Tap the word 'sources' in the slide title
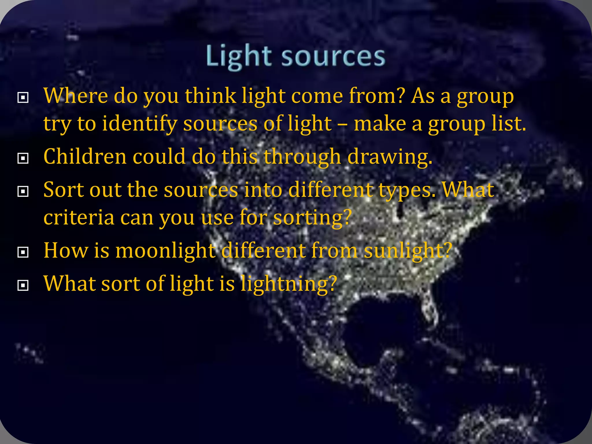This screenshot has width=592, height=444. pyautogui.click(x=333, y=56)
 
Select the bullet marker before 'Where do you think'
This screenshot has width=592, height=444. pyautogui.click(x=23, y=97)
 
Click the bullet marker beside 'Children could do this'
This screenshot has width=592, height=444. pyautogui.click(x=23, y=158)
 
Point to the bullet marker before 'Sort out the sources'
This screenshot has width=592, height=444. pyautogui.click(x=23, y=191)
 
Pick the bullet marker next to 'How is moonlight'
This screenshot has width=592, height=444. pyautogui.click(x=23, y=252)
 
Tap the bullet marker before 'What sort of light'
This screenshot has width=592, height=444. pyautogui.click(x=23, y=285)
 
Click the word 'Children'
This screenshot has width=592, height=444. pyautogui.click(x=85, y=156)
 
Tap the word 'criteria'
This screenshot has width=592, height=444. pyautogui.click(x=79, y=217)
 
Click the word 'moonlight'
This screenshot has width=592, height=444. pyautogui.click(x=166, y=251)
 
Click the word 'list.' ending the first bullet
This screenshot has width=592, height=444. pyautogui.click(x=509, y=124)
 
